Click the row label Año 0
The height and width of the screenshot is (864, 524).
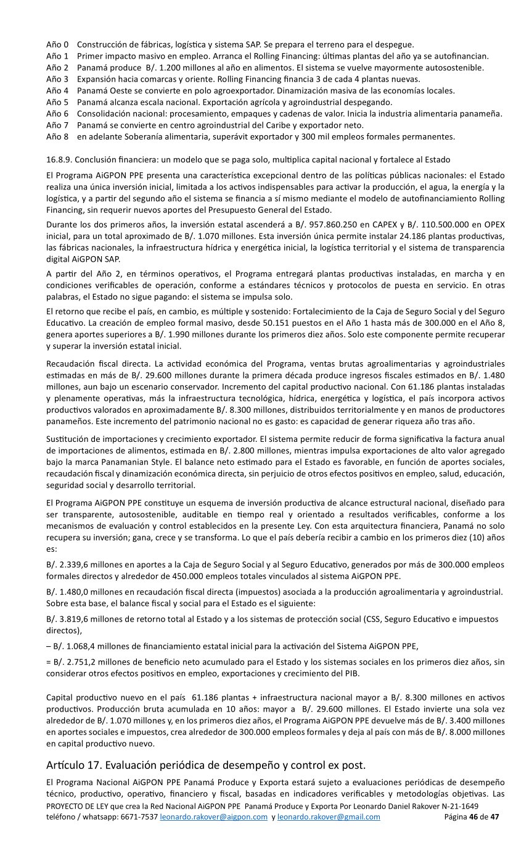(57, 44)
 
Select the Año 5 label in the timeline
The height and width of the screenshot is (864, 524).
(57, 102)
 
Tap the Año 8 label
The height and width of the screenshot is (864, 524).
(57, 136)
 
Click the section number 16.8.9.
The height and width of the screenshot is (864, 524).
(60, 160)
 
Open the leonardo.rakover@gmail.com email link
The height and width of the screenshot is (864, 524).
(329, 817)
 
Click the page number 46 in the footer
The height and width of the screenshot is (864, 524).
(473, 817)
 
